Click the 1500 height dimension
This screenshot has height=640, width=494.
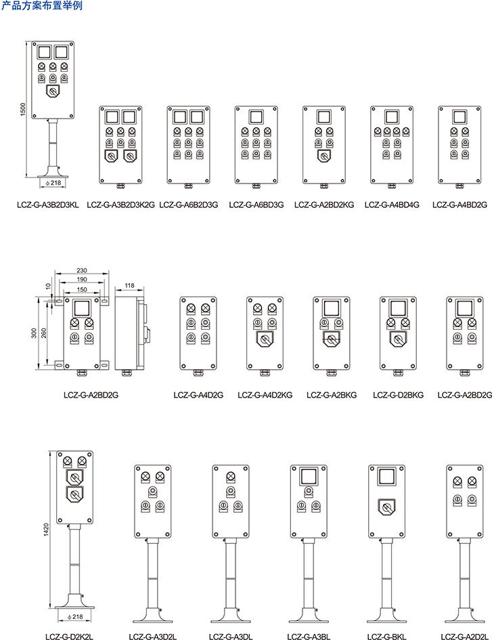[22, 109]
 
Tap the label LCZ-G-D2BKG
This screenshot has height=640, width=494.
[398, 395]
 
